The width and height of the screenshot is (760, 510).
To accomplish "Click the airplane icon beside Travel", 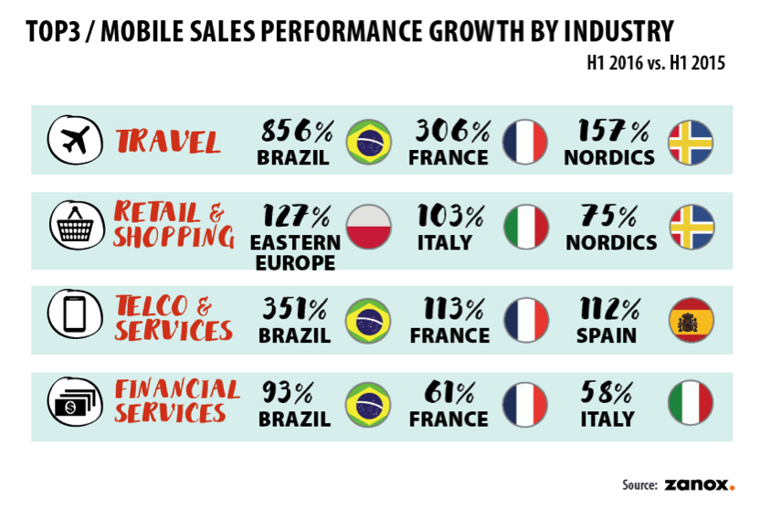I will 71,142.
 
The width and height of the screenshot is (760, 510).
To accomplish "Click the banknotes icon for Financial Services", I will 71,403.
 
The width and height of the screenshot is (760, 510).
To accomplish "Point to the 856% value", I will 297,131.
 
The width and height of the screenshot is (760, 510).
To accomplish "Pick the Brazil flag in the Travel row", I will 368,143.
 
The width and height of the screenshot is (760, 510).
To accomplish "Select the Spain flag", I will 690,321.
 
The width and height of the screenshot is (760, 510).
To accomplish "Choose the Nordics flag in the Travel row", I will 690,143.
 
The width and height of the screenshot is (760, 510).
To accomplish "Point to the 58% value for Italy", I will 607,394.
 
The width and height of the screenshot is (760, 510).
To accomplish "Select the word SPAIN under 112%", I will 607,335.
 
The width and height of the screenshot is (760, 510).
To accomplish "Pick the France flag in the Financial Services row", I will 526,406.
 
